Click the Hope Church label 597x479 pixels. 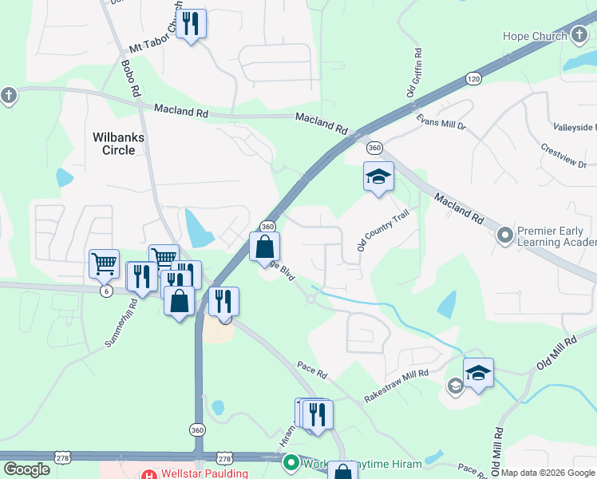(x=534, y=36)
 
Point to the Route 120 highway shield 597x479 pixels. (x=474, y=79)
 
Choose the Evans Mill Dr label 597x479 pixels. (x=441, y=122)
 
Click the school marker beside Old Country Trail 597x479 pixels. (x=378, y=177)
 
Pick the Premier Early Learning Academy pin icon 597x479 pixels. (x=504, y=236)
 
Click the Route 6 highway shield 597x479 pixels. (x=105, y=291)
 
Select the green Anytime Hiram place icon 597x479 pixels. (x=291, y=462)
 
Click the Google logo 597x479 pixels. (x=27, y=469)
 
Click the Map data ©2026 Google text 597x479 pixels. (x=548, y=473)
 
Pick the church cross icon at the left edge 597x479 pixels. (x=8, y=96)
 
